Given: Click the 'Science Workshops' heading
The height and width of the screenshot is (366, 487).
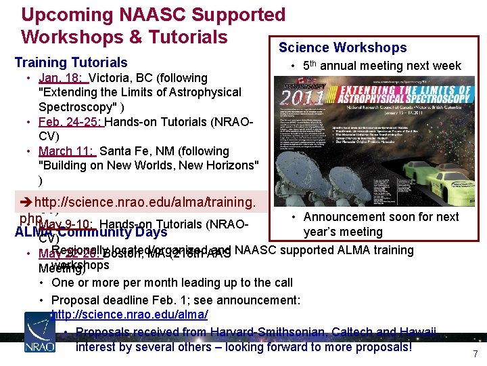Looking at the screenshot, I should tap(343, 47).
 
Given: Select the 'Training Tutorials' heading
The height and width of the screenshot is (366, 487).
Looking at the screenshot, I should tap(71, 62).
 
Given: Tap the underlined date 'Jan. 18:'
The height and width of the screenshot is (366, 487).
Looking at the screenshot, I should tap(62, 78).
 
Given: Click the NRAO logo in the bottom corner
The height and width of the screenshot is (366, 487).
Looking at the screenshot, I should tap(39, 332).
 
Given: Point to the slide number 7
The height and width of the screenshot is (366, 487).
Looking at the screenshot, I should tap(475, 354).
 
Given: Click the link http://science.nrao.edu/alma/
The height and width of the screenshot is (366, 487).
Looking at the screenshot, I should tap(129, 314).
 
